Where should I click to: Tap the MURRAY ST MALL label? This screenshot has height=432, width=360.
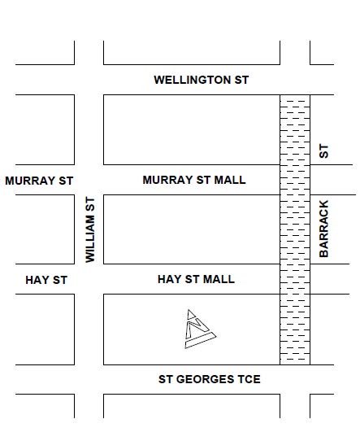[193, 180]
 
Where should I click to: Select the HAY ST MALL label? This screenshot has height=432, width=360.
[196, 279]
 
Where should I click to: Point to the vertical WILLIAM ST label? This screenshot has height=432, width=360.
[90, 229]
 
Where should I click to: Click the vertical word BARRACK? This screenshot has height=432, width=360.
[324, 229]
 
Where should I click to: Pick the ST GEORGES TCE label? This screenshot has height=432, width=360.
[209, 379]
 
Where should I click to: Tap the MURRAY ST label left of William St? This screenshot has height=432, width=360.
[39, 181]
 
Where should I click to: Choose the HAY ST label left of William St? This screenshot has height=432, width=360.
[46, 280]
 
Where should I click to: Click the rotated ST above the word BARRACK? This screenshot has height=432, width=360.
[324, 151]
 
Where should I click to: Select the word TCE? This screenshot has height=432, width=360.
[247, 379]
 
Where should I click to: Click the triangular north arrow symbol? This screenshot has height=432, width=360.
[197, 329]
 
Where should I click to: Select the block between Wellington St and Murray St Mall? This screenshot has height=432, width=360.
[191, 129]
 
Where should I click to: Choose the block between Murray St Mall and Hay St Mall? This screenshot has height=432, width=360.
[191, 229]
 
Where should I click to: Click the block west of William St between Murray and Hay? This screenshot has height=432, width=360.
[45, 229]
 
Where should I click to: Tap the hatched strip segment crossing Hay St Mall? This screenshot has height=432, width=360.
[295, 279]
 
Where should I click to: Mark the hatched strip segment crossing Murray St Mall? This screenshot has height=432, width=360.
[295, 180]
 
